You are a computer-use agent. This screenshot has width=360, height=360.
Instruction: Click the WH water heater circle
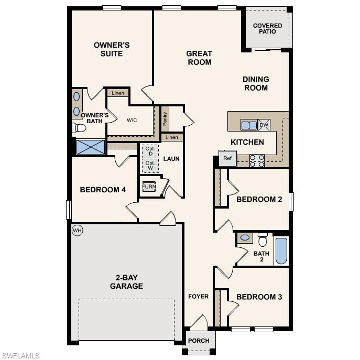(78, 230)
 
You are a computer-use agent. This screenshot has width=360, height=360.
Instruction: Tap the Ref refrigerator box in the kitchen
(227, 158)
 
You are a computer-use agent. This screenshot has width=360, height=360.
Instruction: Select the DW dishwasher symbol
(264, 125)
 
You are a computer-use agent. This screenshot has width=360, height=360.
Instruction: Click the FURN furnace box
(149, 187)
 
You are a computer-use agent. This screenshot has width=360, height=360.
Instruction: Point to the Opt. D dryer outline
(150, 151)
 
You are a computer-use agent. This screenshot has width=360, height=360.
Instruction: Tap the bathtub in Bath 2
(281, 251)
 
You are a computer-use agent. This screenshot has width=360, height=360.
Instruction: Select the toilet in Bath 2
(263, 239)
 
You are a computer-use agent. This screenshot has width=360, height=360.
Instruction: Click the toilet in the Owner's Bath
(80, 128)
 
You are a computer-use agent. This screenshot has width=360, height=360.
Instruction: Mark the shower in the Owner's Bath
(91, 147)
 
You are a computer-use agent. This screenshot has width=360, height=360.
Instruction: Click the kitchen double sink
(249, 125)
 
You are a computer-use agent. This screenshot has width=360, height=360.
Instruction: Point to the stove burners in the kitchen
(257, 160)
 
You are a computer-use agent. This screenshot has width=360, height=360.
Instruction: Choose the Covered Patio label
(267, 28)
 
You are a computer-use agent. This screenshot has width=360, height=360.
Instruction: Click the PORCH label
(199, 341)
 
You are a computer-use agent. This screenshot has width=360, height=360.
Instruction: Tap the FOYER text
(199, 297)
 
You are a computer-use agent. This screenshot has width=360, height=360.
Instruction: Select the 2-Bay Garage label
(126, 282)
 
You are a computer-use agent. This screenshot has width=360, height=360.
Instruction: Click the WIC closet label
(132, 120)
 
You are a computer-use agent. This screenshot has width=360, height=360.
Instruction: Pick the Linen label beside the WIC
(118, 93)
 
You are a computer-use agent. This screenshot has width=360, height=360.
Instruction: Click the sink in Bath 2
(245, 238)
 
